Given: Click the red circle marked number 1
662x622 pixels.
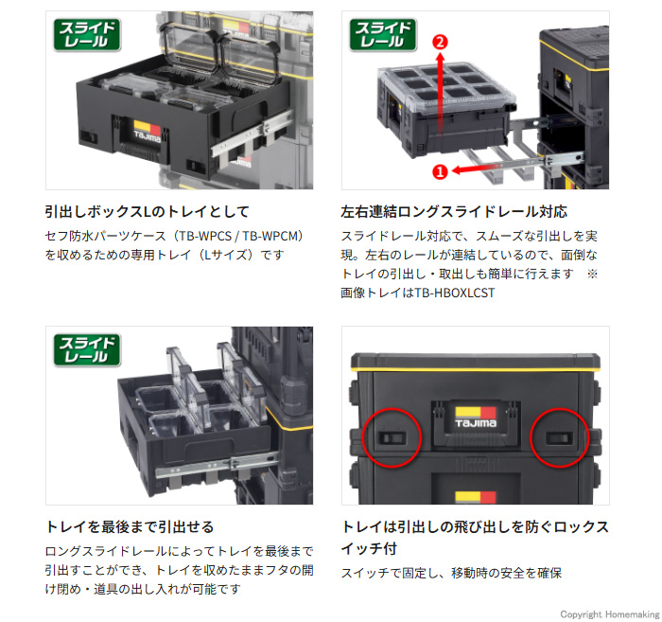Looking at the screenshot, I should point(439,171).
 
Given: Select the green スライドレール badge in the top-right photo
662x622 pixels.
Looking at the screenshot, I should point(384,36).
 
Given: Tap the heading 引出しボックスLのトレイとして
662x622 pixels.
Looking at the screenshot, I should point(147,211).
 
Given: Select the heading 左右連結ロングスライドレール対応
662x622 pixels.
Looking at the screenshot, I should point(453,211).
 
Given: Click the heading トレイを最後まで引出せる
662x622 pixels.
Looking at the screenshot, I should point(130,526).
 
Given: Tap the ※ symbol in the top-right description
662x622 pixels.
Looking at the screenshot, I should point(593,274).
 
